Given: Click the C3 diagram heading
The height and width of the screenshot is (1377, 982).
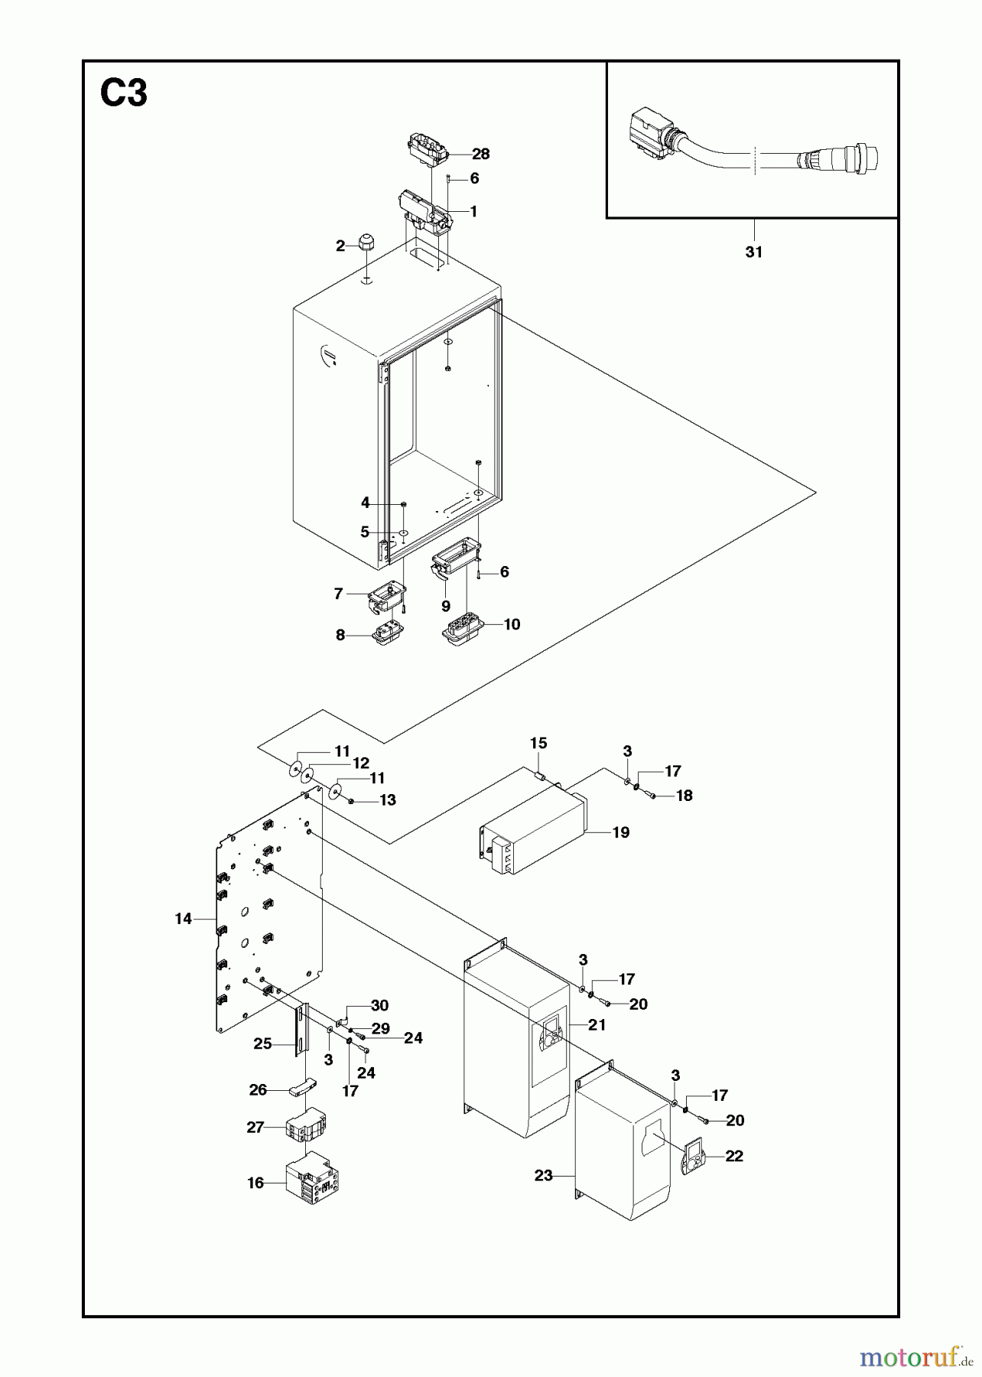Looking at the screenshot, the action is point(124,95).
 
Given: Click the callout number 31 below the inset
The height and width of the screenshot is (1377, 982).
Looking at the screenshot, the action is point(753,252).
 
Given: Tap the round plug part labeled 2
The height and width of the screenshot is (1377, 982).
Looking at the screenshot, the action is point(366,245).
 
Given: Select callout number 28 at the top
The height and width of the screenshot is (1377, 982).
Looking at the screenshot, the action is point(480,154).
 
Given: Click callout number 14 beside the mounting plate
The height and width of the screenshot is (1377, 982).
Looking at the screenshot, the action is point(183,919).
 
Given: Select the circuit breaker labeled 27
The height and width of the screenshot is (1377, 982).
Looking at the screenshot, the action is point(305,1127).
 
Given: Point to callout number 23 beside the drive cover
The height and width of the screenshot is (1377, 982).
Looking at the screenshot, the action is point(543,1175).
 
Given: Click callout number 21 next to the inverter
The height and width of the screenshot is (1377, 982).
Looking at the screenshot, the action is point(597,1024).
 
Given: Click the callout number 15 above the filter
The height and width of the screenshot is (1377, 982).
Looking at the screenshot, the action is point(538,743).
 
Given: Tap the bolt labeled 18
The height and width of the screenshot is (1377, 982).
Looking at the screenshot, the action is point(651,796).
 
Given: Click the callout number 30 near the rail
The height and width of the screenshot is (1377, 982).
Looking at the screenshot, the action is point(379,1005).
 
